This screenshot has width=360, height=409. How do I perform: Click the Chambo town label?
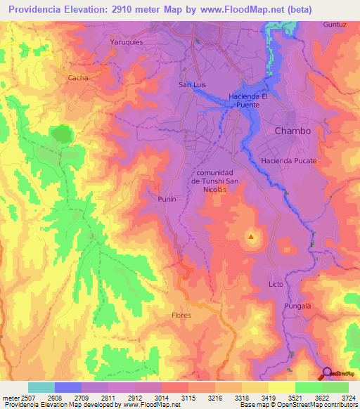click(292, 131)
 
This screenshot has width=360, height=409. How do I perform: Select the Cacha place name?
click(78, 78)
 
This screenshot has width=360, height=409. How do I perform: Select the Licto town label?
click(276, 284)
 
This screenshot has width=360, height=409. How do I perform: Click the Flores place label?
click(181, 316)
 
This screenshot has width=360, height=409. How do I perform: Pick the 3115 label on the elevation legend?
click(190, 398)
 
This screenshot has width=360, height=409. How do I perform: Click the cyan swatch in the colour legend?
click(41, 387)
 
